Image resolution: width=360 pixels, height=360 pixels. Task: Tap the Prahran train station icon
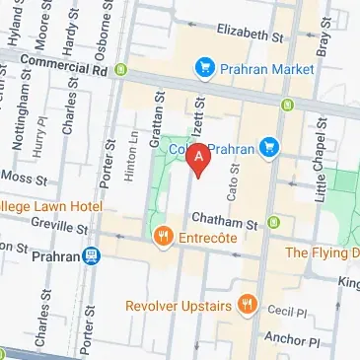[x=92, y=256]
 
